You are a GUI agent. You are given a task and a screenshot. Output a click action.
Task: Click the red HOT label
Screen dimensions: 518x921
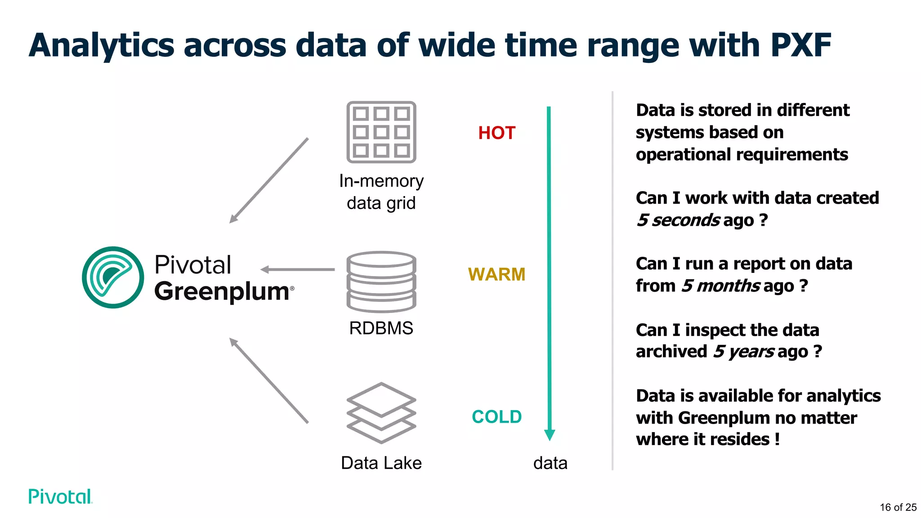point(496,133)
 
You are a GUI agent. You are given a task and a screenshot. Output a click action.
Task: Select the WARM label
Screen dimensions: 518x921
point(496,274)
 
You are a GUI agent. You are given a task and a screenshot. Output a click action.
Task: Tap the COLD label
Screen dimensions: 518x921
point(496,417)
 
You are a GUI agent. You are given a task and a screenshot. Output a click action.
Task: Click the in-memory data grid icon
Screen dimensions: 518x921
point(381,132)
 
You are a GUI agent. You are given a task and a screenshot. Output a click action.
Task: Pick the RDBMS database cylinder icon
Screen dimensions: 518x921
point(381,281)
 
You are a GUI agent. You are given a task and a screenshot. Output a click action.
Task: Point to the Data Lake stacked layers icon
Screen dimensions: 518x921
point(381,413)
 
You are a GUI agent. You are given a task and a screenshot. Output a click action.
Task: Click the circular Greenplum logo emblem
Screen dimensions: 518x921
point(113,277)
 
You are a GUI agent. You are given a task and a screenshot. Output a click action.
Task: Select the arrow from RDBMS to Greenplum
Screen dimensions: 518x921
point(298,269)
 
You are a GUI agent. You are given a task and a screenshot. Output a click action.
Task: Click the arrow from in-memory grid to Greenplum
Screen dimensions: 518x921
point(269,180)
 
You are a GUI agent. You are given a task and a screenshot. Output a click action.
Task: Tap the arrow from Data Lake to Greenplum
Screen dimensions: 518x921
point(269,380)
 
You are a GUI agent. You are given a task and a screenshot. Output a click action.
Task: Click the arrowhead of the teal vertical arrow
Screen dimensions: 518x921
point(549,434)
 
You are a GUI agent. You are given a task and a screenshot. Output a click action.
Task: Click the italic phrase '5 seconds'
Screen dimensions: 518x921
point(678,220)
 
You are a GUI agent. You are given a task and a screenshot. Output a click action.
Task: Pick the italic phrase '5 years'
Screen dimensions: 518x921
point(744,352)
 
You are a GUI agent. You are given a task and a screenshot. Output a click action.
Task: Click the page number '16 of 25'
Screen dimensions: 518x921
point(898,507)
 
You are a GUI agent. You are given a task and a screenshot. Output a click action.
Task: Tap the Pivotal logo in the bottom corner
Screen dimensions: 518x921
point(60,496)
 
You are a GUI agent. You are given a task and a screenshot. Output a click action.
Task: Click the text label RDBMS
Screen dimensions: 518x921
point(381,328)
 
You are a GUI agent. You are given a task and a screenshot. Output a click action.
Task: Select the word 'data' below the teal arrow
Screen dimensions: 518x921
point(550,463)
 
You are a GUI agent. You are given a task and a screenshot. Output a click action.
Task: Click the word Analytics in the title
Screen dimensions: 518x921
point(102,45)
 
